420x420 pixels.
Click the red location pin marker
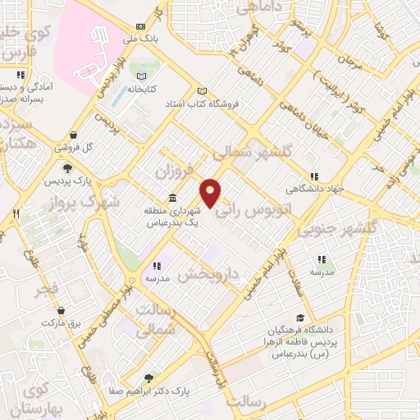click(211, 193)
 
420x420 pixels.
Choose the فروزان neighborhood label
click(173, 171)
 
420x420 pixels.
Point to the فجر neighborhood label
click(47, 290)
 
